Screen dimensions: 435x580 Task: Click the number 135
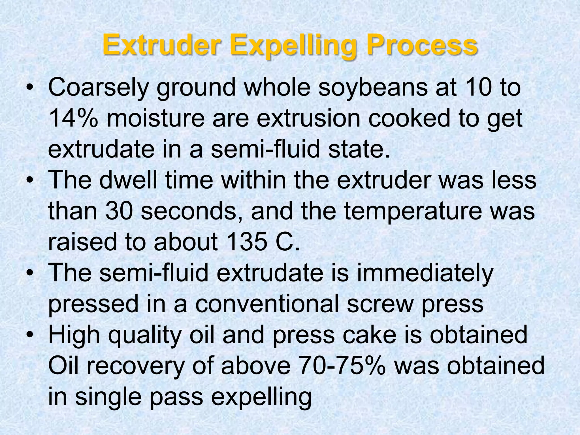247,242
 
